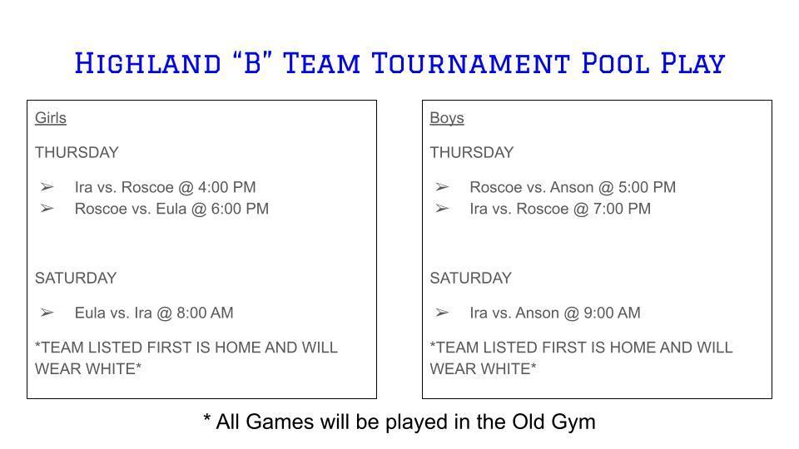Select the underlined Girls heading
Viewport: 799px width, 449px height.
click(50, 118)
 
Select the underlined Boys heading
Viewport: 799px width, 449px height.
click(447, 118)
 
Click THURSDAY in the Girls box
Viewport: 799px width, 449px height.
click(77, 152)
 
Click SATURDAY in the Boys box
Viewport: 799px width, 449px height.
click(471, 278)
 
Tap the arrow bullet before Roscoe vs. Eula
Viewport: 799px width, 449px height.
click(47, 209)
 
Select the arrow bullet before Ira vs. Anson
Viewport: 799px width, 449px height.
click(442, 313)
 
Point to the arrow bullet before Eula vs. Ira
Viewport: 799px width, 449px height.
click(47, 313)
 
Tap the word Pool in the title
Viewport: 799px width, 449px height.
click(611, 63)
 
